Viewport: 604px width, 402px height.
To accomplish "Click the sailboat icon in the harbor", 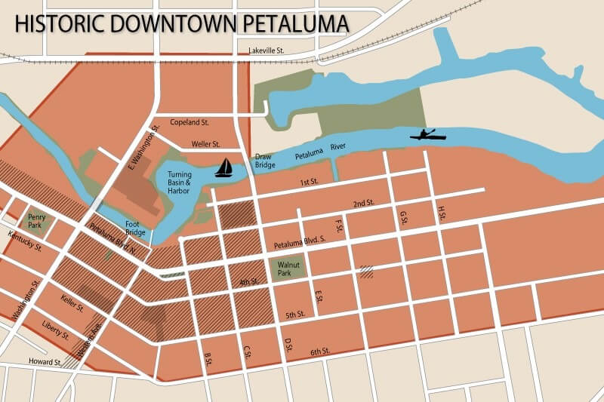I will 224,168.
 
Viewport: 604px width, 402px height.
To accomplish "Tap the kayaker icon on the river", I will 427,135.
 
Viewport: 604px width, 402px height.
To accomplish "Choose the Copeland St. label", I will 190,121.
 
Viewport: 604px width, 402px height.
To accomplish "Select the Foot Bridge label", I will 136,229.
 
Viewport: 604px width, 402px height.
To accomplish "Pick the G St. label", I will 403,218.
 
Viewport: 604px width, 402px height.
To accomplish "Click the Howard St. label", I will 45,362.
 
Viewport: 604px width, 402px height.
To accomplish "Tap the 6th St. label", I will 320,351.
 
